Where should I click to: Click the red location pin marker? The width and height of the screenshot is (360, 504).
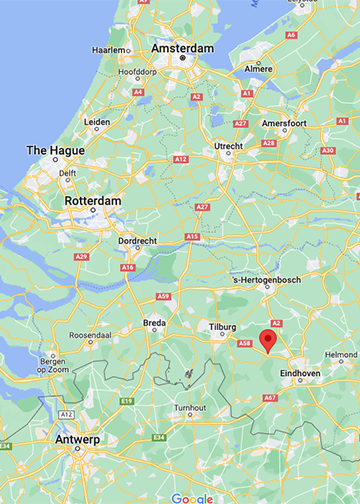point(267,341)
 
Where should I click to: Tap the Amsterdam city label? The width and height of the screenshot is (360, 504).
point(182,48)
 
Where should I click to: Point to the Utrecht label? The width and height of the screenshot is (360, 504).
point(228,146)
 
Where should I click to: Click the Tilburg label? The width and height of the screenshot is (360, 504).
point(221,327)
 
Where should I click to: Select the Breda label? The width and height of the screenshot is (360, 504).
point(154,323)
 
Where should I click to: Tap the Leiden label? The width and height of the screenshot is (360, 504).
point(97,122)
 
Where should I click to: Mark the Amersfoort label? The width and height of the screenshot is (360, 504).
point(285,123)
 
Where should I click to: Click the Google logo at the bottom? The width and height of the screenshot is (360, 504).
point(192,497)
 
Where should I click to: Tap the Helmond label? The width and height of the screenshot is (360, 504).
point(341,354)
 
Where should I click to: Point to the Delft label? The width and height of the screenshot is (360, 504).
point(67,173)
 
